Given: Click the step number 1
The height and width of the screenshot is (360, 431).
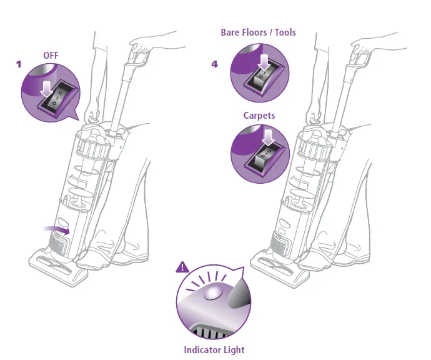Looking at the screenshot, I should [x=19, y=64].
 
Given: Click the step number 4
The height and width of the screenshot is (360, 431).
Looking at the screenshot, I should [x=215, y=64].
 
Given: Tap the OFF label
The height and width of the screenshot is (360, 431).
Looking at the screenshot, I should [x=51, y=56].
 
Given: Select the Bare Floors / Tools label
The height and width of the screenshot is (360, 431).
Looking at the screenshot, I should [x=258, y=32].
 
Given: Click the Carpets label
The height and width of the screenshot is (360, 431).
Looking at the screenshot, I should [x=259, y=116].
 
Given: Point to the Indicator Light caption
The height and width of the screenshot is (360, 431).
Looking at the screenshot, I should [x=214, y=350].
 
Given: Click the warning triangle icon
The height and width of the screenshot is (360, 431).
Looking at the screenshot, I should [x=182, y=267].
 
